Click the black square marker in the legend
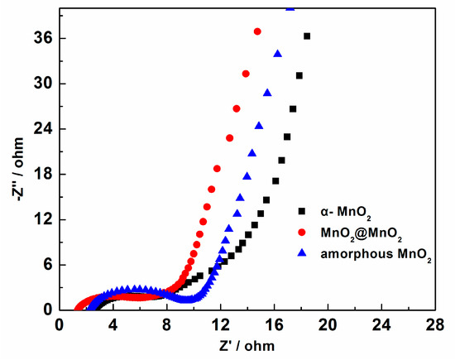coord(302,213)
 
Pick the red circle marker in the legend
coord(302,235)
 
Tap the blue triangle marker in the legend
coord(302,257)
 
